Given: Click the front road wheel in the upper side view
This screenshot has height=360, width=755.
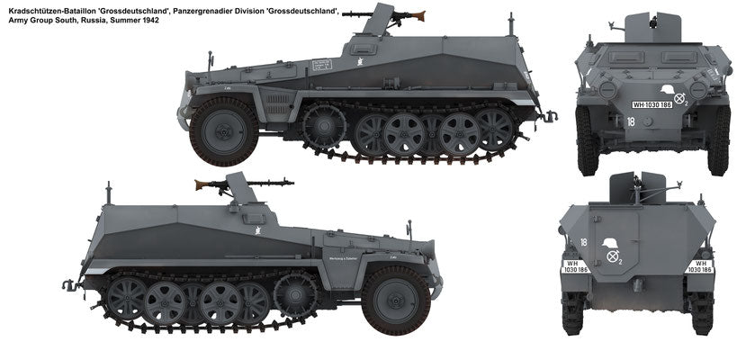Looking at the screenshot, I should (223, 130).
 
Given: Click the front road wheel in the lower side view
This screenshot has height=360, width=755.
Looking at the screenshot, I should (396, 300).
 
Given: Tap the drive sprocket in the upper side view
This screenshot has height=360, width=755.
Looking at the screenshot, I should (325, 125).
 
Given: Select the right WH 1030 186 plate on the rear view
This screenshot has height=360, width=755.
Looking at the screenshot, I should (701, 266).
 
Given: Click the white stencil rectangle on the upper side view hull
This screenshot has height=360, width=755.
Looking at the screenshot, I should (322, 64).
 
